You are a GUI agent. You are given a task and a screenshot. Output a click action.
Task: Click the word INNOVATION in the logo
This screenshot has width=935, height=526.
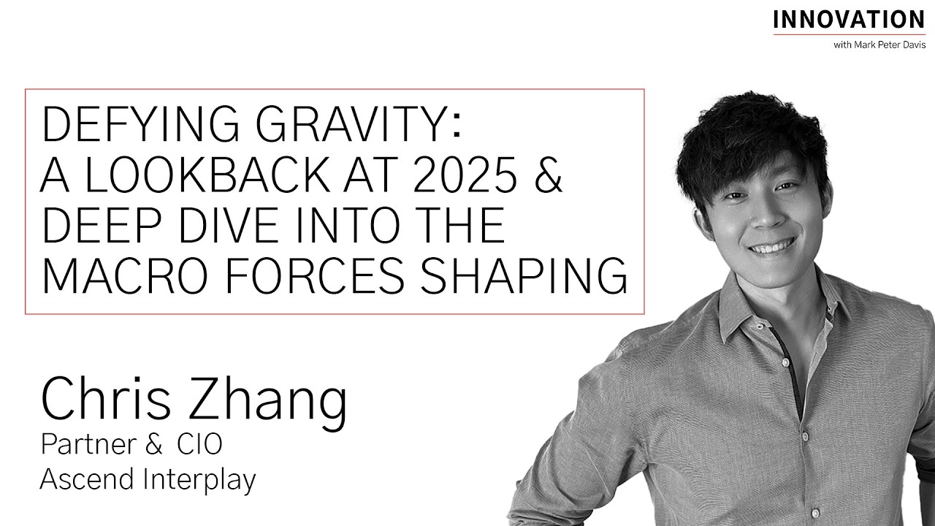tap(849, 19)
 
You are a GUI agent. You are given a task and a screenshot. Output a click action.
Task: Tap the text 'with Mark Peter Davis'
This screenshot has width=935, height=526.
tap(879, 45)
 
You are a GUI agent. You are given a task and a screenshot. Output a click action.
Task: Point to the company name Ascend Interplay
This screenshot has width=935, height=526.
tap(148, 480)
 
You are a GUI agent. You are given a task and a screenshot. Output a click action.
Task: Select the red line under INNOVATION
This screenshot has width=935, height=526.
tap(849, 34)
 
